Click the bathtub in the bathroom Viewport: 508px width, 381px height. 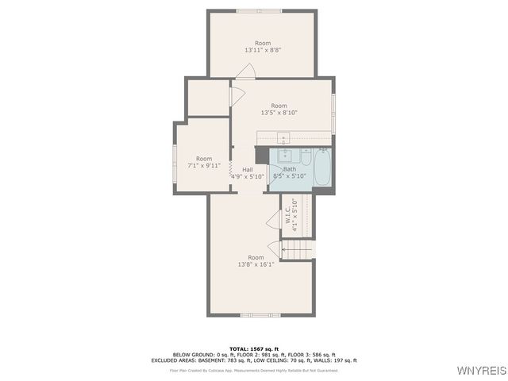click(x=321, y=168)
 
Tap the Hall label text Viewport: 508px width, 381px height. click(x=248, y=169)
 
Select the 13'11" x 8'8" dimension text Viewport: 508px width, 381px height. click(x=262, y=50)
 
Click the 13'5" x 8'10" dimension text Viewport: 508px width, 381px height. click(x=279, y=113)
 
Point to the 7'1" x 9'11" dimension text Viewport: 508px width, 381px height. click(x=204, y=166)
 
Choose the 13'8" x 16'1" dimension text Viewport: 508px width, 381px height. click(x=256, y=264)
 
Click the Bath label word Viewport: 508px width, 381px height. click(x=290, y=169)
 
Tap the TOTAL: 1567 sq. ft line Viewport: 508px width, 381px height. click(x=255, y=348)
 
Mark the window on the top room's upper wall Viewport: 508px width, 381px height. click(x=259, y=10)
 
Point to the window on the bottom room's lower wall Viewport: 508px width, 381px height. click(x=260, y=315)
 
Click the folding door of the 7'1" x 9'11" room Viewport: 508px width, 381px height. click(x=231, y=169)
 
